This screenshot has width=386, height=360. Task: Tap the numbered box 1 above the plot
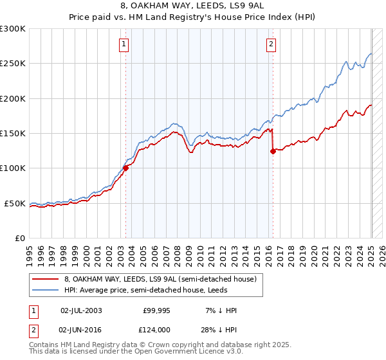pos(123,44)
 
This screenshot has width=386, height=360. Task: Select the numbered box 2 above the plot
pos(271,44)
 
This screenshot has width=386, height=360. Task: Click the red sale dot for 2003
pos(125,168)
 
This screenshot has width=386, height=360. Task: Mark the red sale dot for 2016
pos(273,152)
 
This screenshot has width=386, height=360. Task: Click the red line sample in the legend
pos(45,279)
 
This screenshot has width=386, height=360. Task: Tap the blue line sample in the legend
pos(45,290)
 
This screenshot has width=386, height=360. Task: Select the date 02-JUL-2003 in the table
pos(81,310)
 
